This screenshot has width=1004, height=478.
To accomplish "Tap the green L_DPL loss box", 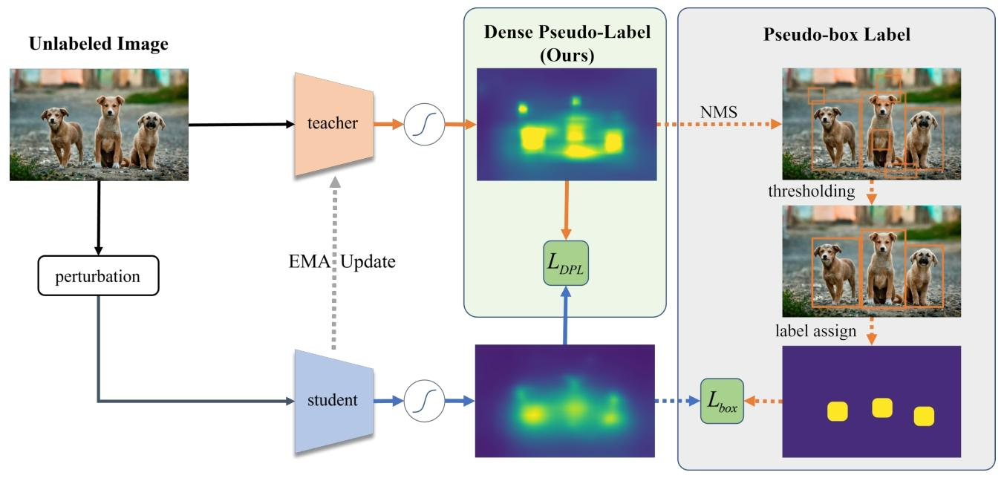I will point(565,263).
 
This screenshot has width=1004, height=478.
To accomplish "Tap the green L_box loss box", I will point(722,401).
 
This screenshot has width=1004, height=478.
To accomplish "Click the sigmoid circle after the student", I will point(423,401).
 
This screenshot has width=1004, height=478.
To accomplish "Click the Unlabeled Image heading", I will point(99,45).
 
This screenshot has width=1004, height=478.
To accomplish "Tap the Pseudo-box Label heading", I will point(837,35).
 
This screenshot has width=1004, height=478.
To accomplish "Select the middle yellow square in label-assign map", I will point(881,407).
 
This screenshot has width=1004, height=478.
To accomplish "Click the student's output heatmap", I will point(565,400).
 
